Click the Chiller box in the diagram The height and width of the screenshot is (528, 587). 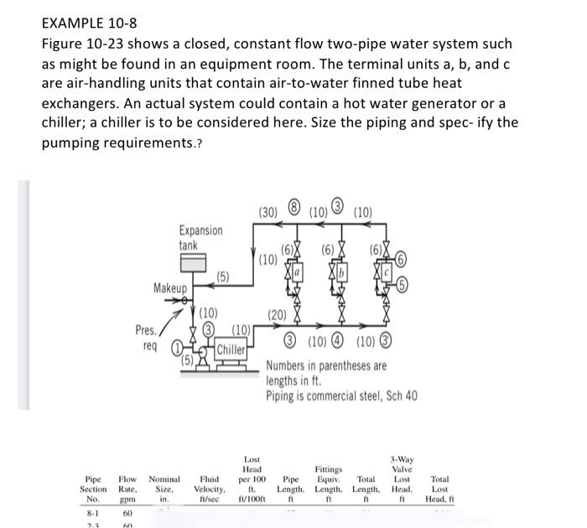click(231, 349)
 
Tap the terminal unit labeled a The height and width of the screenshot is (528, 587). click(296, 274)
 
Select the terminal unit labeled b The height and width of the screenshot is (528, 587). click(342, 274)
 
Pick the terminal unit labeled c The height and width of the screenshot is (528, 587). click(389, 274)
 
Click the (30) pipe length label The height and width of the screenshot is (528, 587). click(268, 211)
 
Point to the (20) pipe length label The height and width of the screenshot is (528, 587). click(278, 315)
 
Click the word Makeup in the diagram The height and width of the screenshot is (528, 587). click(170, 287)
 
